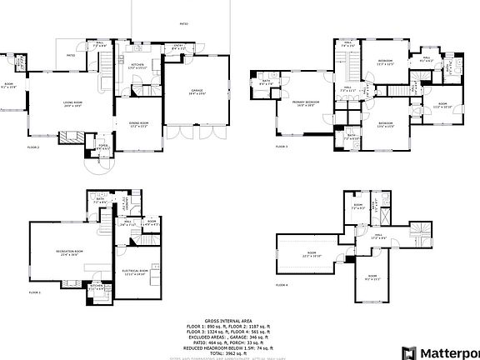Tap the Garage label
tap(197, 92)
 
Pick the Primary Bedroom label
tap(303, 103)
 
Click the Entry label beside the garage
tap(178, 47)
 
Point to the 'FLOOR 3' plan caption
tap(282, 146)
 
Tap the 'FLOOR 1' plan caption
tap(34, 292)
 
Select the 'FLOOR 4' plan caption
tap(282, 285)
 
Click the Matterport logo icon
tap(408, 352)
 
